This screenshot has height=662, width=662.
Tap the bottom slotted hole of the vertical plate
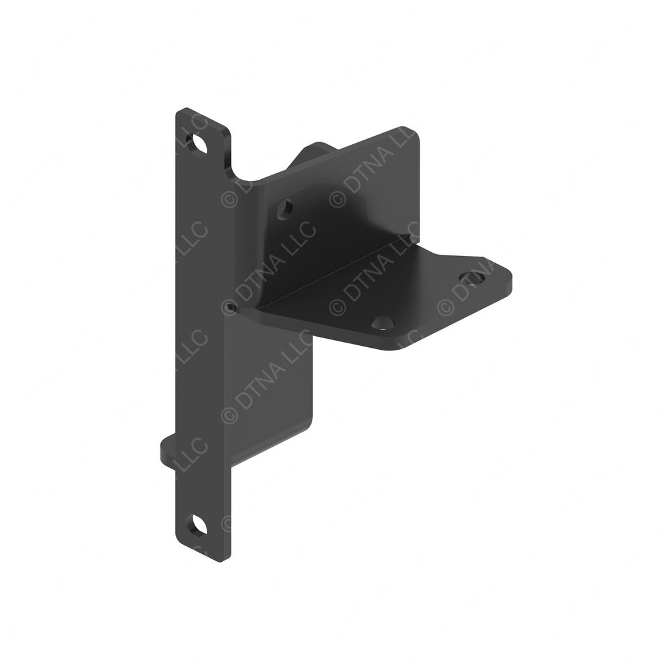(x=197, y=526)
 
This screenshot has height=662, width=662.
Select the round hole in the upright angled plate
(x=284, y=209)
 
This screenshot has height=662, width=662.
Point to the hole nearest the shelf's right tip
(x=472, y=279)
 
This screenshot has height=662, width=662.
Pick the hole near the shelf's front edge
(x=383, y=322)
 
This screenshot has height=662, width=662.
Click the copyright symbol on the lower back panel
(x=230, y=414)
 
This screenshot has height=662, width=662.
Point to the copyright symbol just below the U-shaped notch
(x=230, y=199)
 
